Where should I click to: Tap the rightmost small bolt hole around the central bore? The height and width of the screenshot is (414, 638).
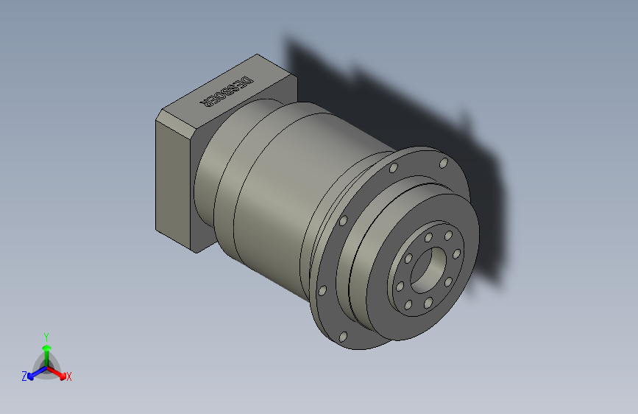[456, 254]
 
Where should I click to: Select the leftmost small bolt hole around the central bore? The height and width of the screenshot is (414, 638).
[400, 286]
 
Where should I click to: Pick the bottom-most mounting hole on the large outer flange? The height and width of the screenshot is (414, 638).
[343, 337]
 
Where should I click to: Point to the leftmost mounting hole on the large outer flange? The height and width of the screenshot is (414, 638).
[321, 290]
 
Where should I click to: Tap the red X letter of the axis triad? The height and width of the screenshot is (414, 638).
[69, 377]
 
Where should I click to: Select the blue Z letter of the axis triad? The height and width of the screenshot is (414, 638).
[24, 376]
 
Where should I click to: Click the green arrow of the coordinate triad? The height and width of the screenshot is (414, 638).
[46, 349]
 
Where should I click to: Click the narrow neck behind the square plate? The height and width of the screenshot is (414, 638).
[213, 177]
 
